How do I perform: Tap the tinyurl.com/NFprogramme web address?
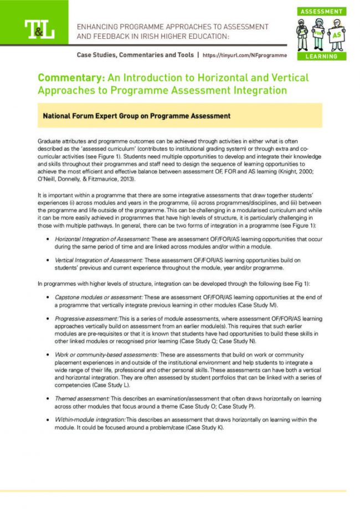pos(245,55)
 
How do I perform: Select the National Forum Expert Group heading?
pos(136,116)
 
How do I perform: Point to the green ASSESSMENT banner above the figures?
pos(321,12)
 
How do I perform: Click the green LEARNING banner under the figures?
pos(321,56)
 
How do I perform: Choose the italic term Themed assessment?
pos(81,398)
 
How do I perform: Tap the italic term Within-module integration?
pos(90,420)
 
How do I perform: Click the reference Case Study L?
pos(112,384)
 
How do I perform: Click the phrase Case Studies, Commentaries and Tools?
pos(135,55)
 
